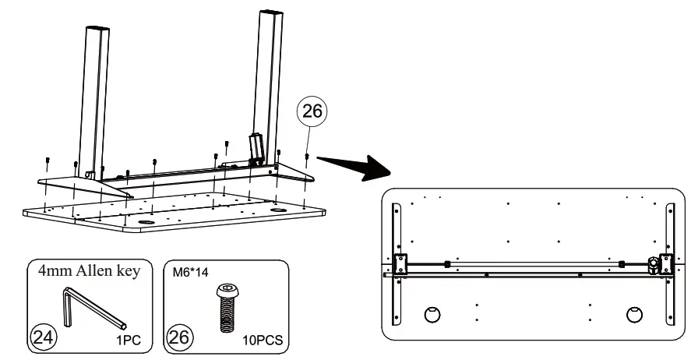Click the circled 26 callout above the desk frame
click(311, 112)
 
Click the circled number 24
click(41, 337)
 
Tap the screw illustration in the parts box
click(225, 305)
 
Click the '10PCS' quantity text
click(263, 341)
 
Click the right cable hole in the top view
click(635, 314)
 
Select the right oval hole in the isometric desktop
click(278, 210)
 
